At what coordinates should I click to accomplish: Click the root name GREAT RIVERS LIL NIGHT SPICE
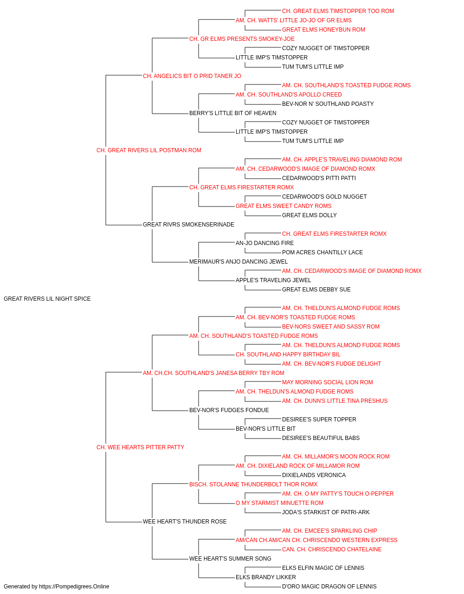pos(47,298)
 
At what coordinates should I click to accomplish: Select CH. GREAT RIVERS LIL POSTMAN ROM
pos(148,150)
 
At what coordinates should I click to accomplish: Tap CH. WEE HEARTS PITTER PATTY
pos(140,447)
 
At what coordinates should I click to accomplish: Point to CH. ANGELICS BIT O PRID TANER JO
pos(192,76)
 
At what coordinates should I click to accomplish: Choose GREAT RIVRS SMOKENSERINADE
pos(188,225)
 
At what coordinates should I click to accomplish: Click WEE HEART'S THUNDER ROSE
pos(185,521)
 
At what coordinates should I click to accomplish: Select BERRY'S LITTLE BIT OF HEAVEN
pos(232,113)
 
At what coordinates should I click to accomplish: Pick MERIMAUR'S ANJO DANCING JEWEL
pos(238,262)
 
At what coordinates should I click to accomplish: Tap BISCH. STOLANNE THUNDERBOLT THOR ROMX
pos(253,484)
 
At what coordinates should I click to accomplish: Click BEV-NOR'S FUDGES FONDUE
pos(229,410)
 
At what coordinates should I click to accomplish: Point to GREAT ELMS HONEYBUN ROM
pos(323,30)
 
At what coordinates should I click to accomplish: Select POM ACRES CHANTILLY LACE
pos(322,252)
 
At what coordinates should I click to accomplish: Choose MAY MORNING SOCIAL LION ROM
pos(327,382)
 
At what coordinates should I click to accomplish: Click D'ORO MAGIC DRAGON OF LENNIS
pos(329,587)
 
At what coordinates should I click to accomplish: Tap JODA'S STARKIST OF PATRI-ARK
pos(325,512)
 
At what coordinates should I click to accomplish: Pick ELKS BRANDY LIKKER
pos(265,577)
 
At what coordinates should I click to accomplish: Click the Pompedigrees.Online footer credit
pos(56,587)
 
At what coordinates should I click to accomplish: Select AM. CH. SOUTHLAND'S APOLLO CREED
pos(289,95)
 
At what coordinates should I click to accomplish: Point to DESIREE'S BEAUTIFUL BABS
pos(321,438)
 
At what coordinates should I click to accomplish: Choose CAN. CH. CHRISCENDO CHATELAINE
pos(331,549)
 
